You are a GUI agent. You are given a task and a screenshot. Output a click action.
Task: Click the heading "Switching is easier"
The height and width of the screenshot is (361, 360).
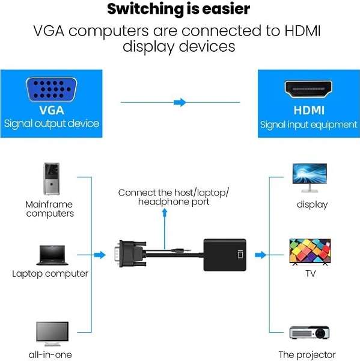(x=179, y=10)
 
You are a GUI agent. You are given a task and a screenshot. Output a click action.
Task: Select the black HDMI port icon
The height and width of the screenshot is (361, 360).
(x=309, y=90)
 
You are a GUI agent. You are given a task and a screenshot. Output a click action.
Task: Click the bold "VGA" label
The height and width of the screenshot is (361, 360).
(x=52, y=111)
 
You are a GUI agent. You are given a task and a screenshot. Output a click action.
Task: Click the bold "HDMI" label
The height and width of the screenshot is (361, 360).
(x=309, y=111)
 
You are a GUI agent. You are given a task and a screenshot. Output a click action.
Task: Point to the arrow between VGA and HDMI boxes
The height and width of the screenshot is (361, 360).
(x=180, y=103)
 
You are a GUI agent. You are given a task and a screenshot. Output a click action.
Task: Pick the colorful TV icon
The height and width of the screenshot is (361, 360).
(x=310, y=251)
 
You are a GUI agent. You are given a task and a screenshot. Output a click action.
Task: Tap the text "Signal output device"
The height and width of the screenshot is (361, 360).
(x=52, y=124)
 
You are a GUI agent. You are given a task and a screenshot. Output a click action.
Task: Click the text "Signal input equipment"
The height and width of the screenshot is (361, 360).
(x=309, y=125)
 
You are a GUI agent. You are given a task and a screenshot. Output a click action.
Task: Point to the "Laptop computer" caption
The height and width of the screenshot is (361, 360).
(x=50, y=274)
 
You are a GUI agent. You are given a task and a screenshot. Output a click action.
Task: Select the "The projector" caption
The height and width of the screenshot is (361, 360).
(x=307, y=354)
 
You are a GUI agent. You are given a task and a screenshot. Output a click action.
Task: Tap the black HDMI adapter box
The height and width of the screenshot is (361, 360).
(x=226, y=254)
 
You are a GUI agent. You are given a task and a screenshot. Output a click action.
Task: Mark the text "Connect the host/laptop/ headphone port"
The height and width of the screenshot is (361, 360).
(x=174, y=197)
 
